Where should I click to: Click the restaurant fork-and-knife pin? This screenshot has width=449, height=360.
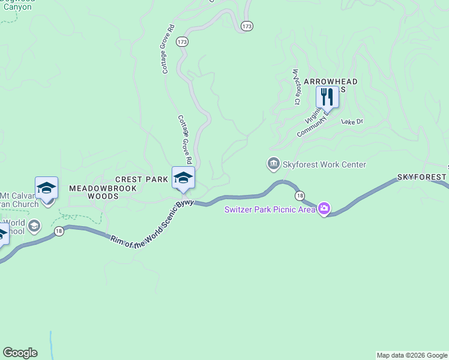[327, 97]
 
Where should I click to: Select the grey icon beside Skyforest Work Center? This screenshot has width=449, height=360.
[273, 164]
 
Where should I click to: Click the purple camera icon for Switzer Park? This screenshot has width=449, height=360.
[324, 209]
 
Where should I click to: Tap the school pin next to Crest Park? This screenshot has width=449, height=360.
[184, 178]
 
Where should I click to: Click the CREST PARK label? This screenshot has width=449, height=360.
[137, 179]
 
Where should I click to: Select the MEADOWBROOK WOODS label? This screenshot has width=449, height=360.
[103, 192]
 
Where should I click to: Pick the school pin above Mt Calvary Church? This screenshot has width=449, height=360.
[46, 188]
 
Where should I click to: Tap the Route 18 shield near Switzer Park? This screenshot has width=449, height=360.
[299, 196]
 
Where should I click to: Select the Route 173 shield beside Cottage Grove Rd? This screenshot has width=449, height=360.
[182, 42]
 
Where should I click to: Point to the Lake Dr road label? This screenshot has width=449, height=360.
[352, 121]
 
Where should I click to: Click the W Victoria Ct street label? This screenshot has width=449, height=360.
[296, 87]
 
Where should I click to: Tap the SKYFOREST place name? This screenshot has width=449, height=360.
[422, 178]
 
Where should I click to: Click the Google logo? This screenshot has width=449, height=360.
[20, 353]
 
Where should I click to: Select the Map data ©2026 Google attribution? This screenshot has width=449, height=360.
[412, 355]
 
